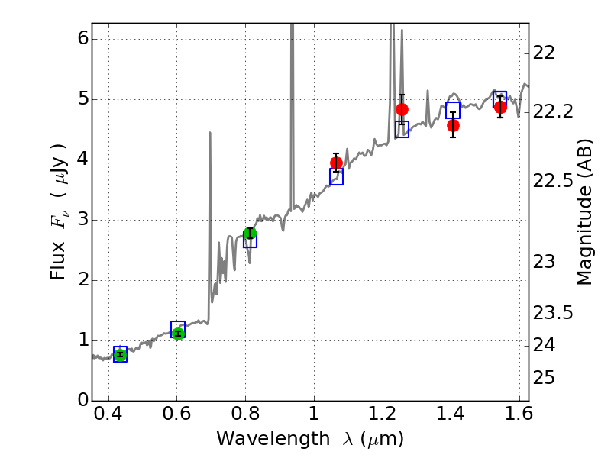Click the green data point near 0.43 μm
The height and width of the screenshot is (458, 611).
pos(120,353)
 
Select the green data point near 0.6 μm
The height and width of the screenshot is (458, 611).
pos(178,333)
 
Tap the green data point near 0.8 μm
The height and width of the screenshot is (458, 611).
pos(250,233)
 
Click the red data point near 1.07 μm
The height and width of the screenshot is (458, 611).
pos(336,163)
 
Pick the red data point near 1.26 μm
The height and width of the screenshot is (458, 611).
pos(402,109)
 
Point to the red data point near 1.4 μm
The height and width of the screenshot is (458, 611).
pos(453,125)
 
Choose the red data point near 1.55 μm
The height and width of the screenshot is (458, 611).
pos(500,107)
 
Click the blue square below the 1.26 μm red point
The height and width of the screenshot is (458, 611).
pos(402,129)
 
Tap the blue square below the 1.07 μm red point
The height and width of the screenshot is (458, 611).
pos(336,177)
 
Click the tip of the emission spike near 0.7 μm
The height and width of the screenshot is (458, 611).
pos(210,133)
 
